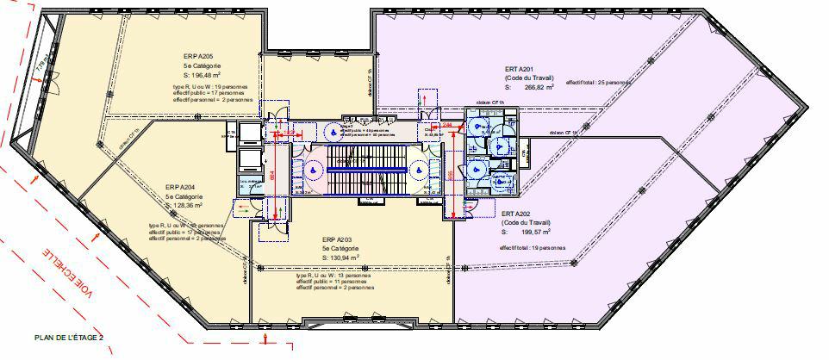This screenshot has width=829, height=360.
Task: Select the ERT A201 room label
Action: click(x=520, y=69)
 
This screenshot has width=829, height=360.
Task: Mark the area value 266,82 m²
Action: click(x=535, y=87)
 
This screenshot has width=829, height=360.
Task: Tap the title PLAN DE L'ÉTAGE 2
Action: click(x=69, y=338)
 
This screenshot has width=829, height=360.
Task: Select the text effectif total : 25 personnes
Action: click(x=598, y=83)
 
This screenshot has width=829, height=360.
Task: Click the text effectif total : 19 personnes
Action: click(x=532, y=248)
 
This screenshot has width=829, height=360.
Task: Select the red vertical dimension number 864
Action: click(x=272, y=175)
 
